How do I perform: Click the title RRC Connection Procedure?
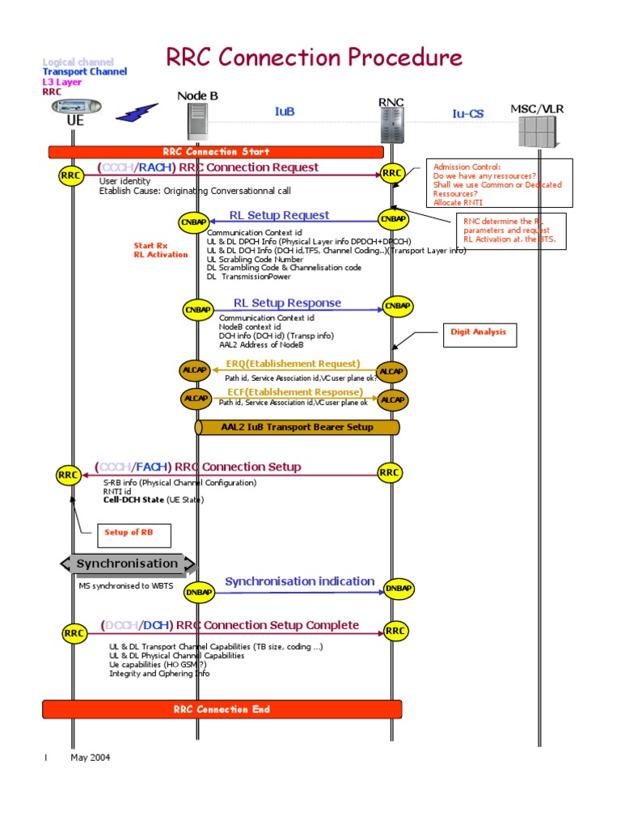(314, 57)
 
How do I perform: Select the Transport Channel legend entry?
(84, 72)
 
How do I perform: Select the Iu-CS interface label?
(467, 114)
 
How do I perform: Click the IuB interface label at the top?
(285, 112)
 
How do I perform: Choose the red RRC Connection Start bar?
(216, 152)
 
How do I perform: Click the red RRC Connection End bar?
(222, 710)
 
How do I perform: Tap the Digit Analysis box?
(478, 332)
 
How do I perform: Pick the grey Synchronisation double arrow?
(128, 564)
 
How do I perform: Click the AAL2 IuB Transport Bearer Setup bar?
(297, 427)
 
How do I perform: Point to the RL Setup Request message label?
(279, 215)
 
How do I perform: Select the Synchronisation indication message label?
(299, 581)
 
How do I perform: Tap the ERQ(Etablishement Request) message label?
(293, 364)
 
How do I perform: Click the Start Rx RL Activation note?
(160, 250)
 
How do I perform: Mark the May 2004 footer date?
(91, 758)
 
